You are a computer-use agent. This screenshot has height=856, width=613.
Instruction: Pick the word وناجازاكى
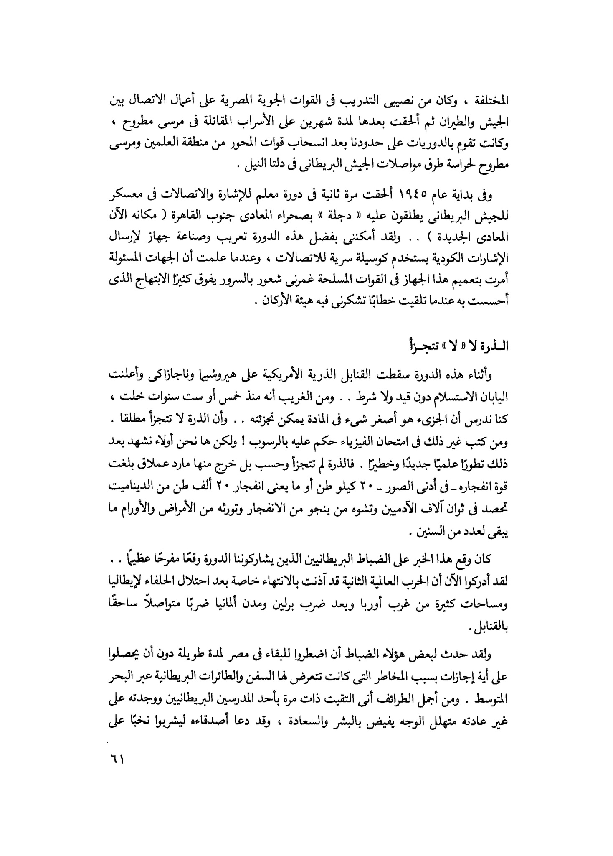[x=152, y=376]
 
